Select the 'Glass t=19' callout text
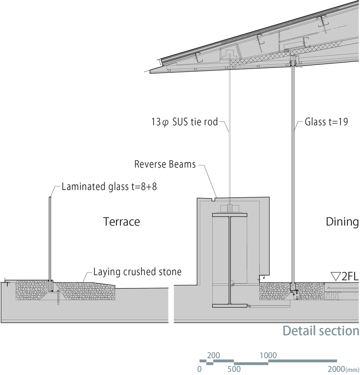tap(326, 122)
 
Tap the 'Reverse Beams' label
tap(165, 164)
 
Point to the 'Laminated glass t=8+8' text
tap(109, 186)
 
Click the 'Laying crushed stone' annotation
tap(137, 271)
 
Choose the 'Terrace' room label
tap(121, 222)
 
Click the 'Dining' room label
tap(342, 222)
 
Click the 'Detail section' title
tap(321, 331)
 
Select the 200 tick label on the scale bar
tap(213, 355)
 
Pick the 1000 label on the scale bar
tap(268, 355)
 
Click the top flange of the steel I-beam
tap(229, 215)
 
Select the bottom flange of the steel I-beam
tap(229, 305)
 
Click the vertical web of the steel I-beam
tap(229, 259)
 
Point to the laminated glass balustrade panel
tap(50, 240)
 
